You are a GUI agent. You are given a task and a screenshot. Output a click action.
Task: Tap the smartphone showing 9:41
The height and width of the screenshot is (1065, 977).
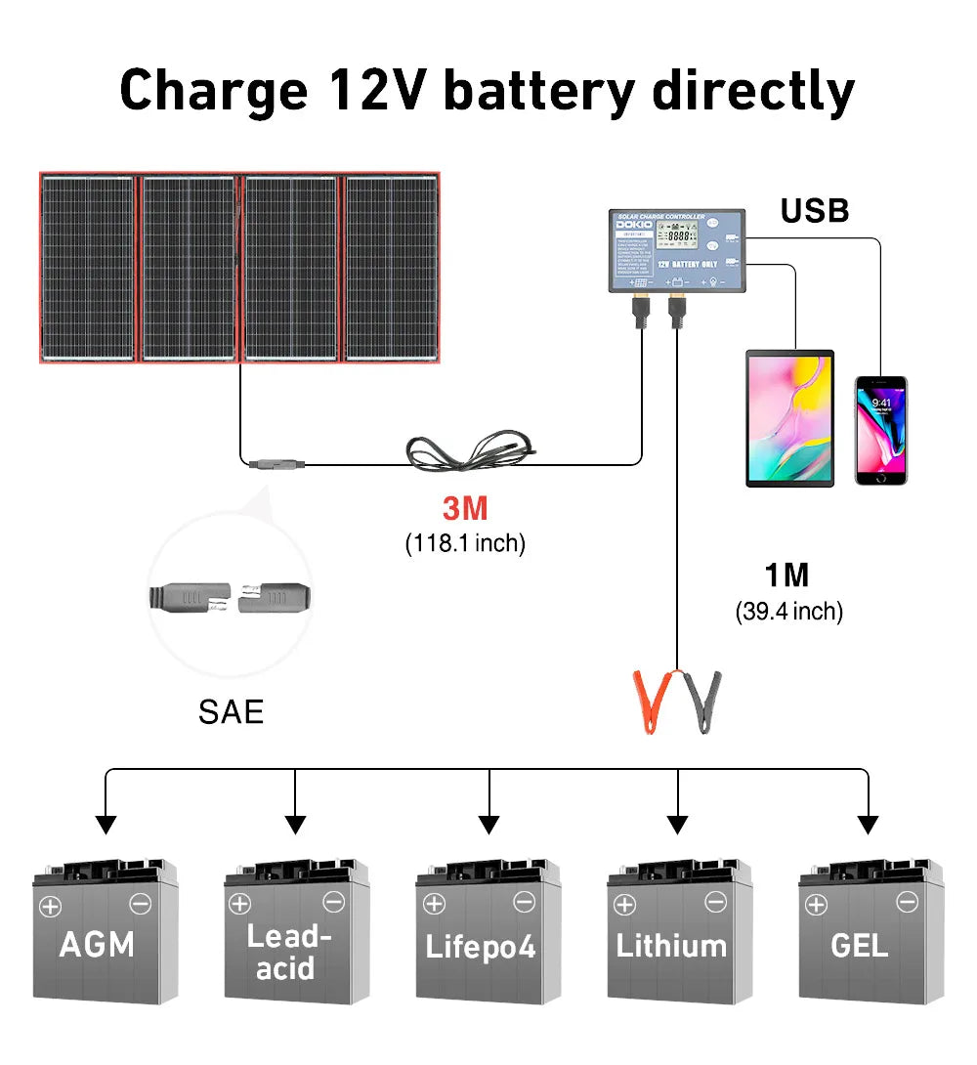point(880,430)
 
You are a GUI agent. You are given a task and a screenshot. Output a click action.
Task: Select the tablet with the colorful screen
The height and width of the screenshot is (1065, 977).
point(789,418)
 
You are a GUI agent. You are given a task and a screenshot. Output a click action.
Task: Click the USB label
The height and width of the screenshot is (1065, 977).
point(815,211)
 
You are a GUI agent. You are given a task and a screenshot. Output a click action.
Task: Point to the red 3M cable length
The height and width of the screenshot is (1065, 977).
point(464,509)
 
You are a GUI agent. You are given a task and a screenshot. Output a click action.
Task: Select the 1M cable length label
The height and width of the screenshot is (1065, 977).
point(787,575)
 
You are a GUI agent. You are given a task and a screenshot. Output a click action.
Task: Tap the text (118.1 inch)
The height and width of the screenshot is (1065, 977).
point(465,543)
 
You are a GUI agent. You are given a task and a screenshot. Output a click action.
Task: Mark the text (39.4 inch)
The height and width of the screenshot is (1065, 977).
point(788,612)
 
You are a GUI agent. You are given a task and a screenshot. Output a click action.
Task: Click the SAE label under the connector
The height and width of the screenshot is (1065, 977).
point(231,711)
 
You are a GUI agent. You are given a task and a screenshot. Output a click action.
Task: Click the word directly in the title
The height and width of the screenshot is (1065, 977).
point(753,91)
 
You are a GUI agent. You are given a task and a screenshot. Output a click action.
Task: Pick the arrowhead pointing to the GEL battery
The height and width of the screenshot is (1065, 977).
point(867,825)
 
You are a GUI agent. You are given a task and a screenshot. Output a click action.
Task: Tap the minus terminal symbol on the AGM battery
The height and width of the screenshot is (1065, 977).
point(141,904)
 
